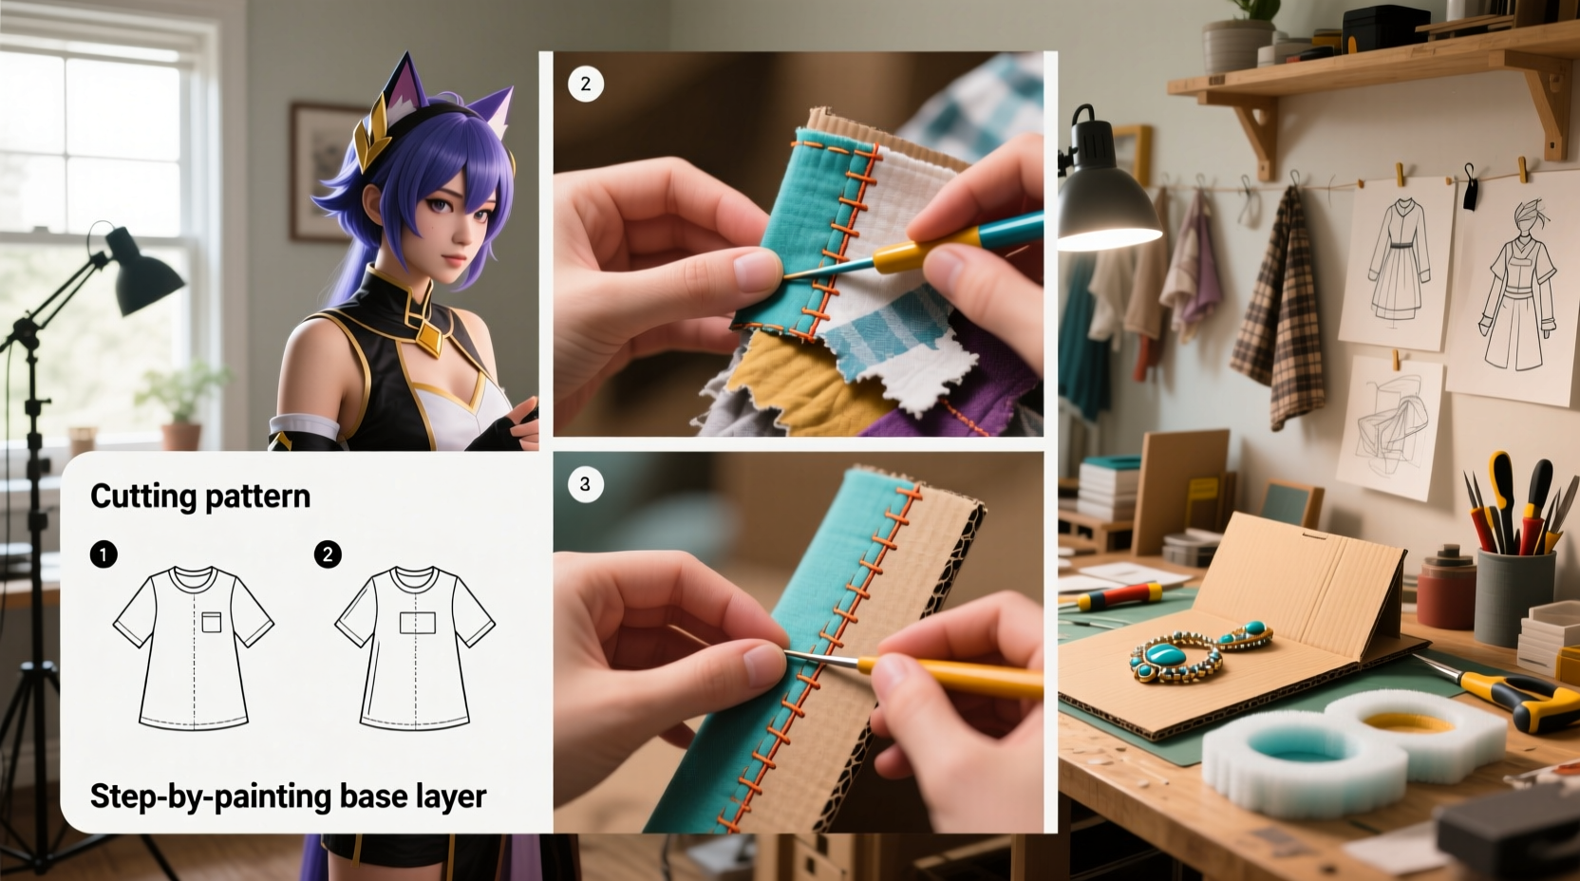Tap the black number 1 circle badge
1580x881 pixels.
(x=103, y=554)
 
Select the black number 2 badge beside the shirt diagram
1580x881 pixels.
(x=328, y=554)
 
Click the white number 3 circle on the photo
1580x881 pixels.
(x=585, y=484)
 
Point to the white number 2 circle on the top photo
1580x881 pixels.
(x=585, y=84)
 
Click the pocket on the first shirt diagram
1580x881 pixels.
(x=212, y=622)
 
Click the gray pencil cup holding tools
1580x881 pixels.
(x=1514, y=594)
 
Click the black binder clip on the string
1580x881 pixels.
(x=1471, y=187)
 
